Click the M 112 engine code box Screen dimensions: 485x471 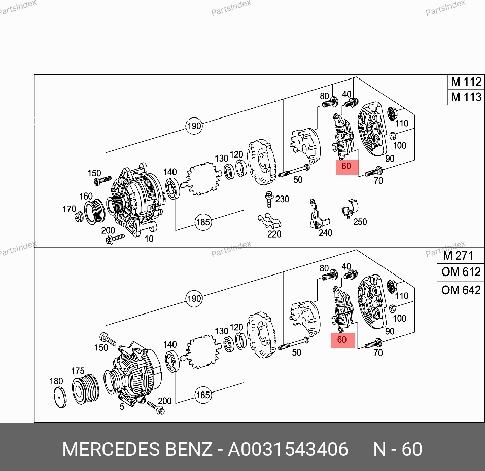tap(466, 82)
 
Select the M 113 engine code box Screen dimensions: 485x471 tap(466, 97)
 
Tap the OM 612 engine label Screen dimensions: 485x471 tap(461, 272)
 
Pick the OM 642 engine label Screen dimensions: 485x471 tap(461, 290)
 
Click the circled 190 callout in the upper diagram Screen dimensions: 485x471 tap(194, 126)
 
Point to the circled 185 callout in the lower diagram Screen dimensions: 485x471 tap(203, 395)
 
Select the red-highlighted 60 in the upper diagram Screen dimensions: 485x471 tap(348, 167)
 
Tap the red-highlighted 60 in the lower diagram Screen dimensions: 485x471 tap(343, 340)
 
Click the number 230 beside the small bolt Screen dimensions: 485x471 tap(282, 199)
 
